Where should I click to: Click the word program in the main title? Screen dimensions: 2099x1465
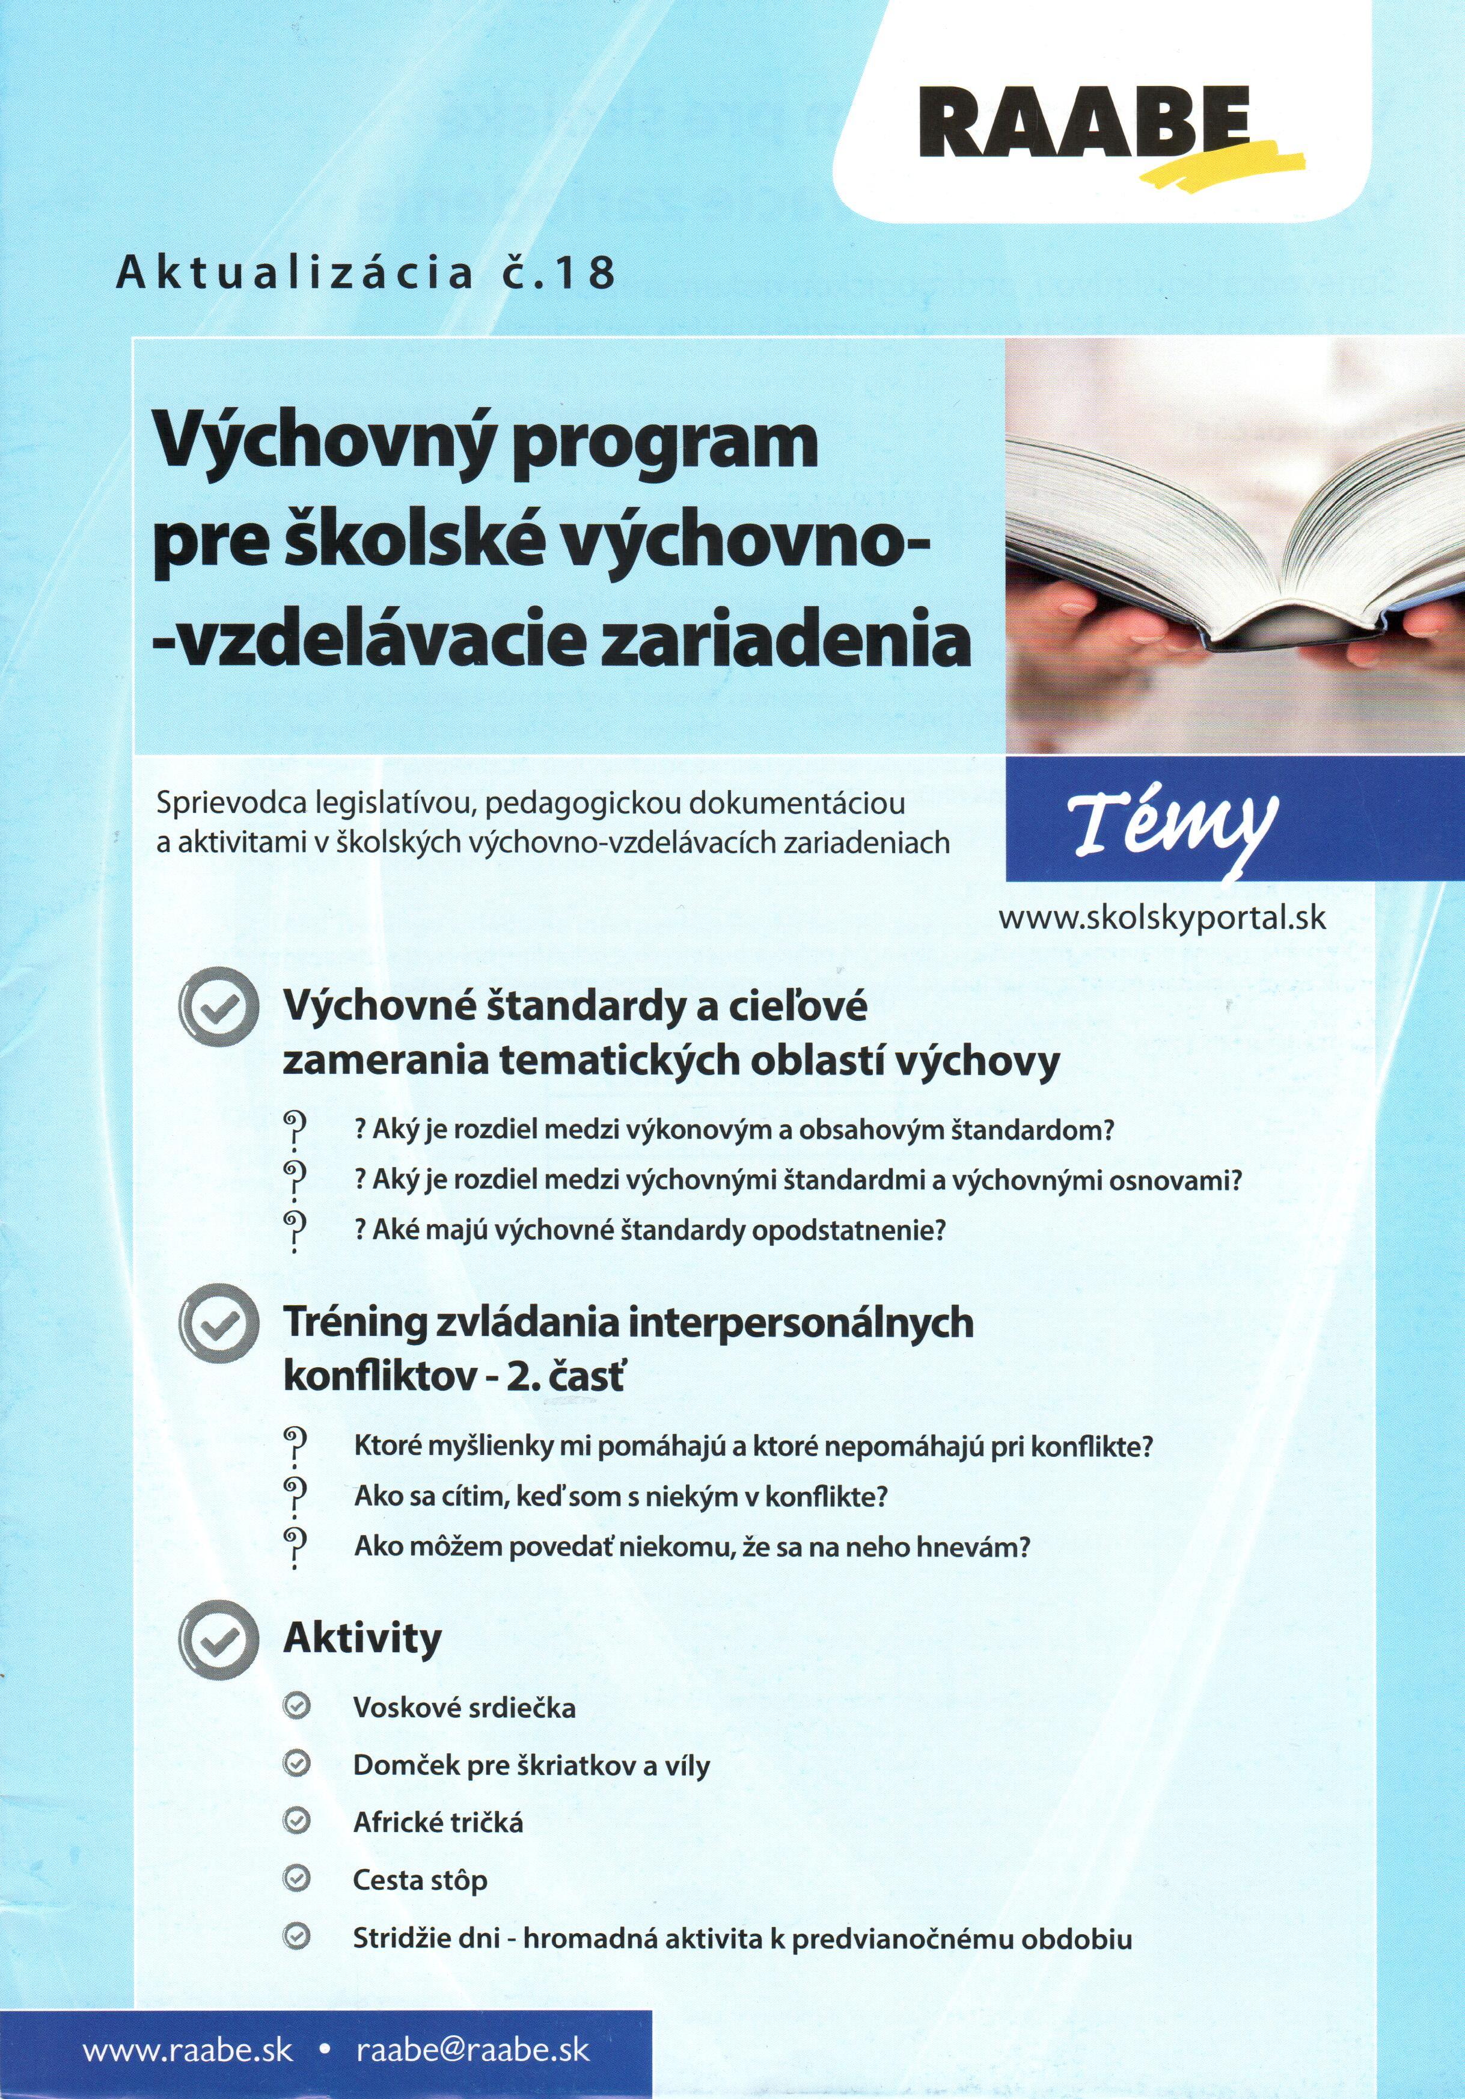[664, 444]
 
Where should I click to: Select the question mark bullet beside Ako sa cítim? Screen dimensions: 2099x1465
[295, 1497]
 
